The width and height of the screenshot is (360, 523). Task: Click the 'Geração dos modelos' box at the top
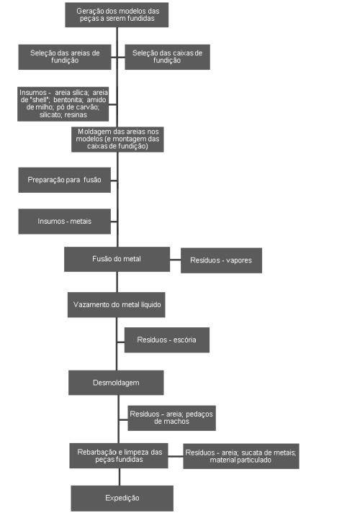[117, 14]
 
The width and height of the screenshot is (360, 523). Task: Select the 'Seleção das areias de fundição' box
[65, 57]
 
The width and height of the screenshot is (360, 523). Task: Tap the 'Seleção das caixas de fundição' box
[167, 57]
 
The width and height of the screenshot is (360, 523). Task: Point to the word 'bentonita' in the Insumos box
[68, 100]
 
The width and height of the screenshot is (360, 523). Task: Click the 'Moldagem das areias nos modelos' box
[117, 139]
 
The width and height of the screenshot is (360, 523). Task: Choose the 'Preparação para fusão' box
[65, 180]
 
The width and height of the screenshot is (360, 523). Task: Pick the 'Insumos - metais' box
[65, 221]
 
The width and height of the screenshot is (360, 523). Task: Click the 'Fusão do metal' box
[117, 259]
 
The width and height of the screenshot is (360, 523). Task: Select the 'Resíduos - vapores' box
[222, 260]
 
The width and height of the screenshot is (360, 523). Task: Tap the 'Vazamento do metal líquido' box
[116, 305]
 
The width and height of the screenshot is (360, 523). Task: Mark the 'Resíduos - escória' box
[167, 340]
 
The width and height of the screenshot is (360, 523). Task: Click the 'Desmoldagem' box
[116, 383]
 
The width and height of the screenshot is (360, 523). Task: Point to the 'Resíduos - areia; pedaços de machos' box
[171, 418]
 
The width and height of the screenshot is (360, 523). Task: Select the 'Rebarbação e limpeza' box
[119, 455]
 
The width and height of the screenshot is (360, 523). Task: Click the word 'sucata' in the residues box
[251, 452]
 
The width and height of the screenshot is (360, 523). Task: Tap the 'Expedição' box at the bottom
[122, 499]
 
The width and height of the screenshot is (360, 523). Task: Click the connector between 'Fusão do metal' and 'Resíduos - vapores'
[176, 260]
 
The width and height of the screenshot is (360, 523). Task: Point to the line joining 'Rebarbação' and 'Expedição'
[120, 477]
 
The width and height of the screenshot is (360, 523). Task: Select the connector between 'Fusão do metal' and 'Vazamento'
[117, 282]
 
